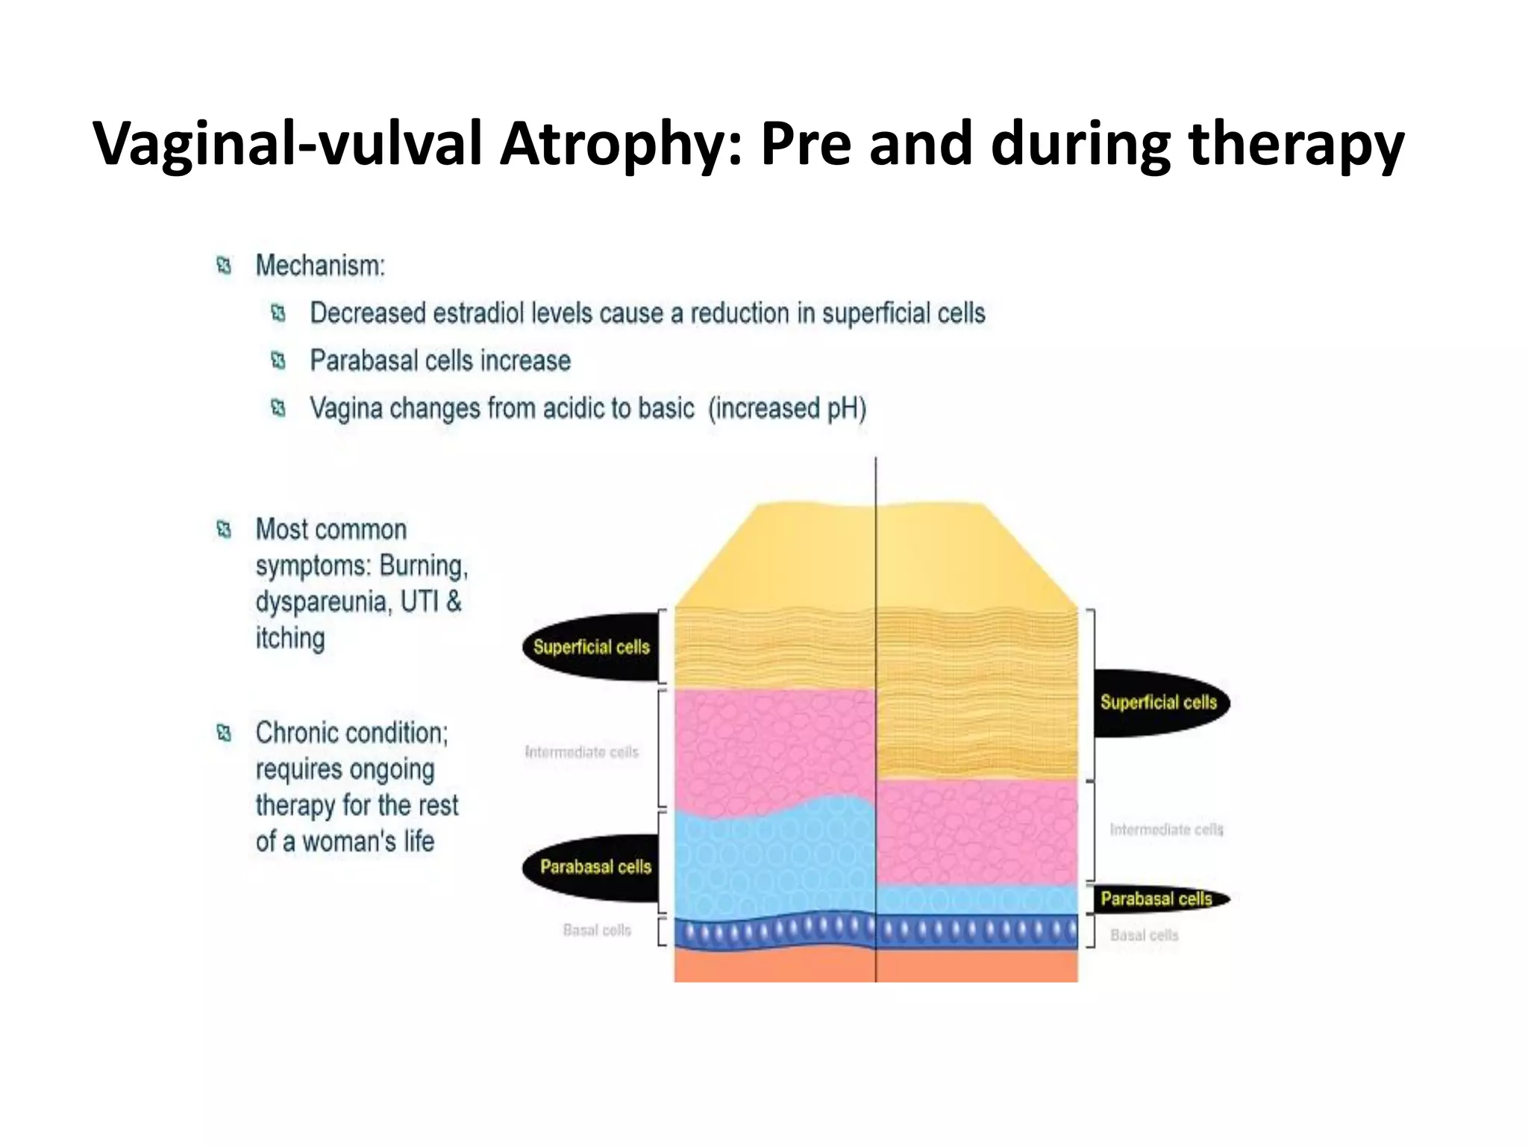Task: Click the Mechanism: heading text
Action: (320, 266)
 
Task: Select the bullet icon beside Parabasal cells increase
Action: (278, 361)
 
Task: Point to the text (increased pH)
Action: (787, 409)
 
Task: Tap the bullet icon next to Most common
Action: (224, 530)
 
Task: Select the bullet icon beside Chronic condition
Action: (224, 733)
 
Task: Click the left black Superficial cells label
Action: (591, 647)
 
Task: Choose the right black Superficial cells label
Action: (1158, 702)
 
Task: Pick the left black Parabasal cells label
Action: (595, 867)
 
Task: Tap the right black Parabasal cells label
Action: (1156, 899)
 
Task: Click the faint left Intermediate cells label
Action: (581, 752)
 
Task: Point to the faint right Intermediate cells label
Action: (1166, 830)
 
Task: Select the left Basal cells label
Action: (597, 930)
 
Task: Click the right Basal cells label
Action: (1144, 936)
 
